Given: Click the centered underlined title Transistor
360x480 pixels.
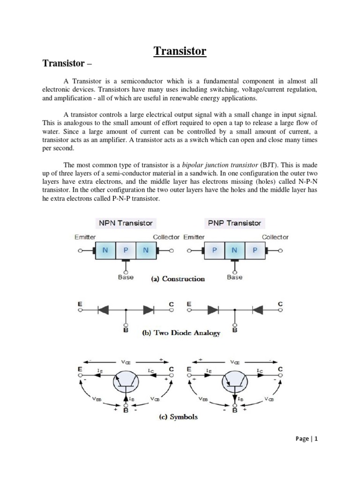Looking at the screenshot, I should pos(180,51).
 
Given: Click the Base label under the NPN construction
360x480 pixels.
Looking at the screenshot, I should pos(125,277).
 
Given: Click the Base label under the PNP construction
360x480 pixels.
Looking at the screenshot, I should pos(235,277).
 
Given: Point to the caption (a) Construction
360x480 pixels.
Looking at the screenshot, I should pos(178,279).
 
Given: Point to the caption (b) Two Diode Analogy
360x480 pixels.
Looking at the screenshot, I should pos(181,334).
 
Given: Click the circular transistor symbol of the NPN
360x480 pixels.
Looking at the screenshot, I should pos(126,381).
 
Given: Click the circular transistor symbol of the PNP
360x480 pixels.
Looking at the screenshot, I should pos(235,381).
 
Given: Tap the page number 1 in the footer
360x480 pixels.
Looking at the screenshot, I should pos(316,439).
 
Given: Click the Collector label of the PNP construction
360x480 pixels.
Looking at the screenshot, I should pos(275,237).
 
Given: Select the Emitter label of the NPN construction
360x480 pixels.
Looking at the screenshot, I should pos(85,237).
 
